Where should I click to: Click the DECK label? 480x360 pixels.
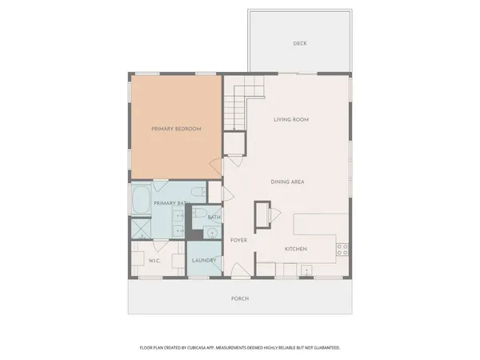pyautogui.click(x=300, y=43)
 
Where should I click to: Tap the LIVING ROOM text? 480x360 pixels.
pyautogui.click(x=291, y=120)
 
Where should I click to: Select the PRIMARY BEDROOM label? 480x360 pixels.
pyautogui.click(x=177, y=129)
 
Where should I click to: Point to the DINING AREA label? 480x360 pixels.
pyautogui.click(x=286, y=182)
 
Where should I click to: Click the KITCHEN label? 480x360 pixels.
pyautogui.click(x=296, y=250)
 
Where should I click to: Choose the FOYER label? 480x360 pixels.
pyautogui.click(x=238, y=240)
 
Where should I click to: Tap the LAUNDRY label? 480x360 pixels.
pyautogui.click(x=204, y=260)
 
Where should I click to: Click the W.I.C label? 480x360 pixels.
pyautogui.click(x=155, y=260)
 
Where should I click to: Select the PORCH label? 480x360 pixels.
pyautogui.click(x=241, y=298)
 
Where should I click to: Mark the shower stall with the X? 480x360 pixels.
pyautogui.click(x=141, y=228)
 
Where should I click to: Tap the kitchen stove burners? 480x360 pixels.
pyautogui.click(x=342, y=250)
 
